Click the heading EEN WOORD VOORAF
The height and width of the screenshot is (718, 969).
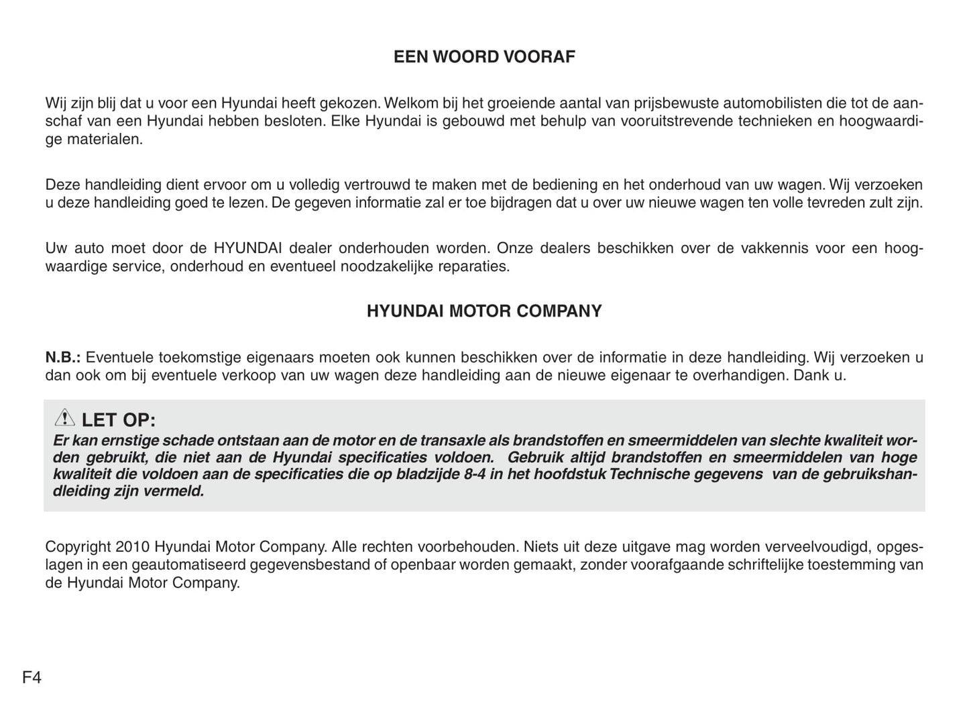click(484, 57)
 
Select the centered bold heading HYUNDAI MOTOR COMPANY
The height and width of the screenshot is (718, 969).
click(484, 311)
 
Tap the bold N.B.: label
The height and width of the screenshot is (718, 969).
click(63, 358)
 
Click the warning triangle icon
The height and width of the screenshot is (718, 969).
click(64, 418)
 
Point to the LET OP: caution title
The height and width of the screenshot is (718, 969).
click(119, 421)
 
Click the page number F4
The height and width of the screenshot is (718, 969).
click(32, 678)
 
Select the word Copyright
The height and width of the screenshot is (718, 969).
click(78, 547)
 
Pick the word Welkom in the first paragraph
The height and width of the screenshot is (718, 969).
click(410, 103)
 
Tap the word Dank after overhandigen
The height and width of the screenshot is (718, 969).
click(811, 375)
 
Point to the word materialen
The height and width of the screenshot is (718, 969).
click(105, 140)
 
